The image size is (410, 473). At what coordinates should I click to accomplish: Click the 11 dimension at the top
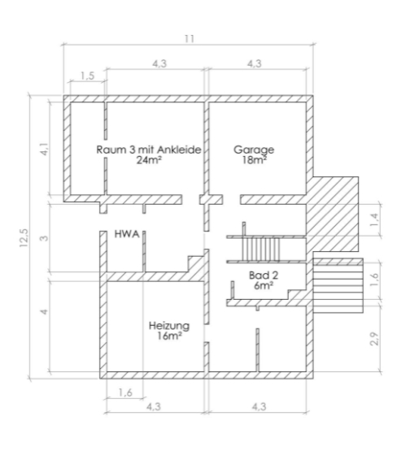point(190,39)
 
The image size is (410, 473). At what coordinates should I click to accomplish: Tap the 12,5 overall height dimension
point(24,238)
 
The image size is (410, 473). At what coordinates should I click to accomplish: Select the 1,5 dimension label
point(88,76)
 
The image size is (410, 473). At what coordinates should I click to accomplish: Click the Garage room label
point(254,150)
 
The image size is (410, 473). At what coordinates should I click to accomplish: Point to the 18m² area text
point(254,160)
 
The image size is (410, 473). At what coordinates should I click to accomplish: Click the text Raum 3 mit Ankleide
point(149,150)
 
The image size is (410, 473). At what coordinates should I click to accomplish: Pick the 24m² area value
point(149,160)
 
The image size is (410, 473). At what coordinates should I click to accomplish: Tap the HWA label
point(127,234)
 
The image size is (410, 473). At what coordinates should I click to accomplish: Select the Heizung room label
point(169,325)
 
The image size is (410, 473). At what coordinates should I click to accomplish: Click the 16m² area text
point(169,336)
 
